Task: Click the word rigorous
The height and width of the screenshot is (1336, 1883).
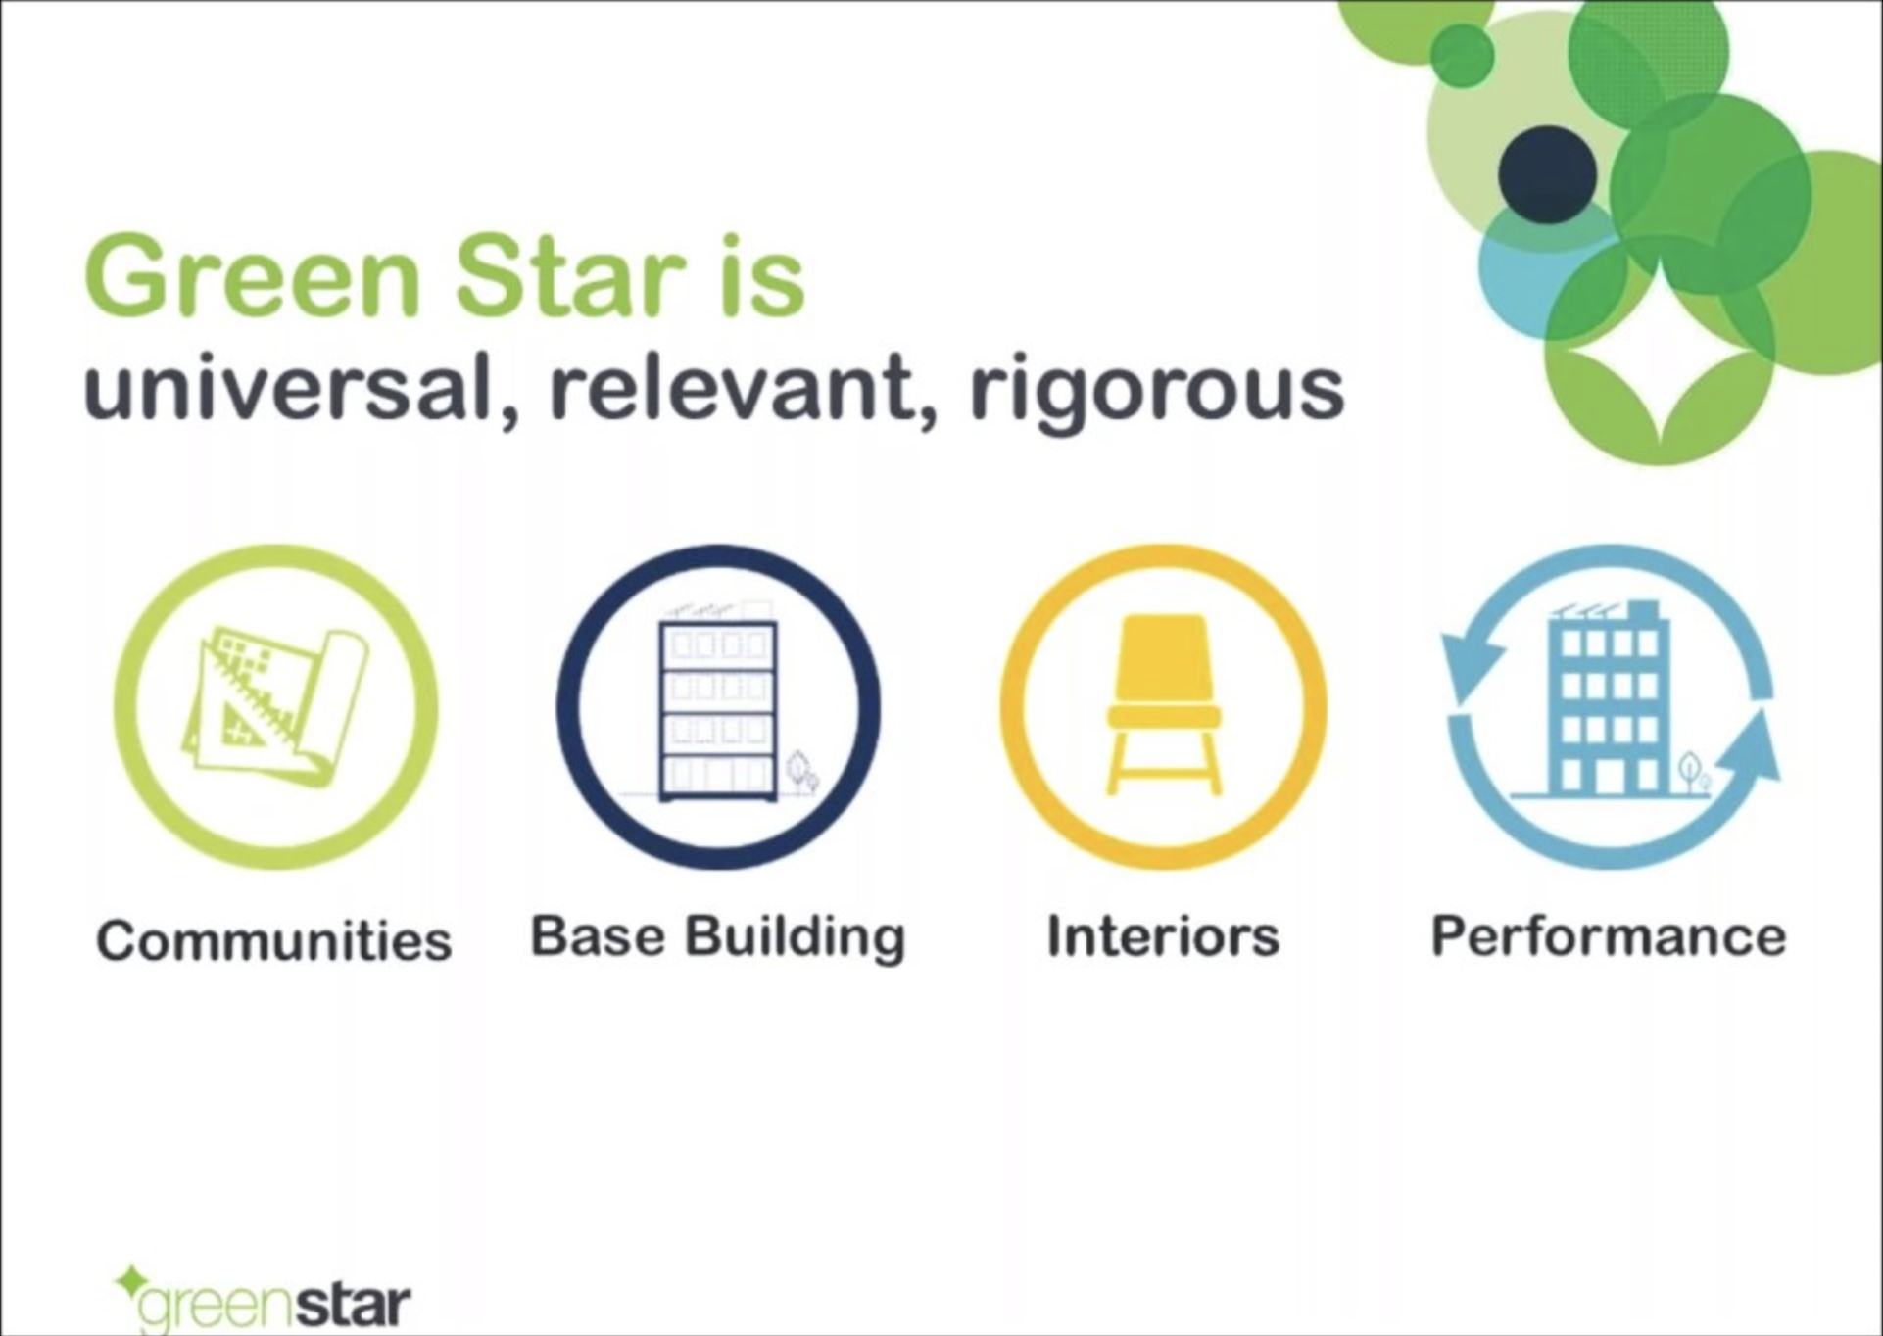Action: pos(1157,393)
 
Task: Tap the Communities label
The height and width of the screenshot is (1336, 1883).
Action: pos(274,940)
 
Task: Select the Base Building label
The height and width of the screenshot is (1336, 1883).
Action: pos(718,937)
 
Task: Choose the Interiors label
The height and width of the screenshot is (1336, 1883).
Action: pos(1163,936)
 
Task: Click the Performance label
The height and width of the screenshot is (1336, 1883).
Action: pos(1609,936)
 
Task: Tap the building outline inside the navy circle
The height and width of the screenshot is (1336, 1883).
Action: pos(718,706)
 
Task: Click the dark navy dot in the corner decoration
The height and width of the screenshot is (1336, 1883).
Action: pos(1547,173)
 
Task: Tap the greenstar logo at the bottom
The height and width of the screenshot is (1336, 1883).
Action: pos(263,1299)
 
